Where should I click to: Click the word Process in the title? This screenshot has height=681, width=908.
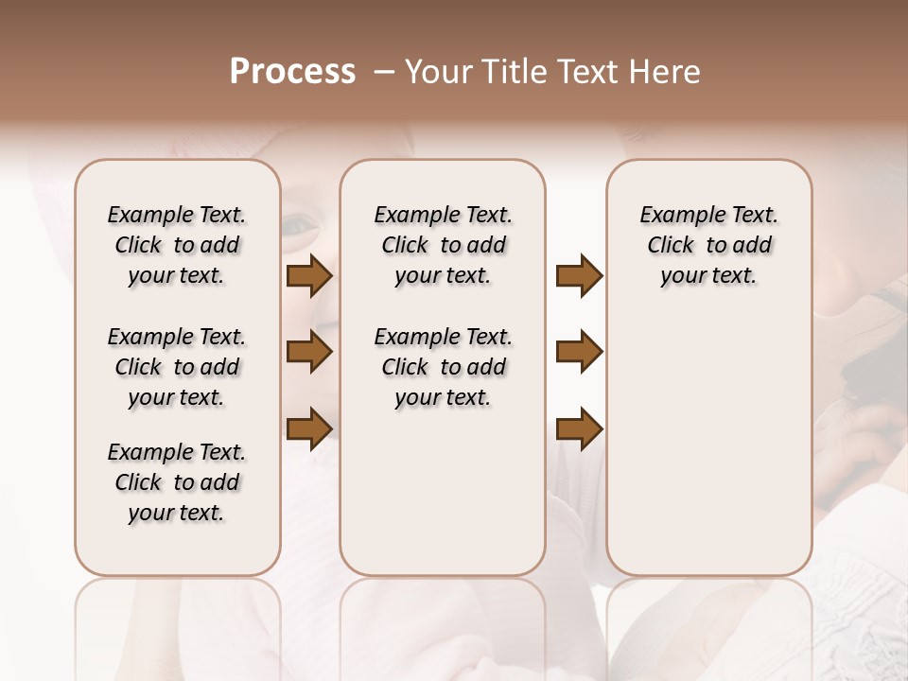[x=292, y=72]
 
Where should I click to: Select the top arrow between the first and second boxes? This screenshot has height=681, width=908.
[x=309, y=276]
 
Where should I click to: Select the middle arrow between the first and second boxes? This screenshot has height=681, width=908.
[x=309, y=353]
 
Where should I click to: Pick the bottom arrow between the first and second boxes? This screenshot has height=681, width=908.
[x=309, y=428]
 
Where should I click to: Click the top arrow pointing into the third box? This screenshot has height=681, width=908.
[x=579, y=276]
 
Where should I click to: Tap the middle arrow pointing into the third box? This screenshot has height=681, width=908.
[x=579, y=353]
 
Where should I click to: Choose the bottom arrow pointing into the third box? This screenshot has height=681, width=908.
[x=579, y=428]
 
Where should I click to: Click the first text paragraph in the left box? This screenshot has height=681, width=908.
[x=177, y=245]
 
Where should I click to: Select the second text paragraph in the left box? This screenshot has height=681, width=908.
[x=177, y=367]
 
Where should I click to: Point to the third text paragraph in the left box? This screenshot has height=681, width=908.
[x=177, y=482]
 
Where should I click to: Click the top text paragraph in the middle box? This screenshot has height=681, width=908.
[x=443, y=245]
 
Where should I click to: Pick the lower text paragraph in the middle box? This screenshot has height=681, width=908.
[x=443, y=367]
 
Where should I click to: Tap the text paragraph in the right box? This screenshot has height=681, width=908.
[x=708, y=245]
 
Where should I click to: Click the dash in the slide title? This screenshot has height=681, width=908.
[x=383, y=72]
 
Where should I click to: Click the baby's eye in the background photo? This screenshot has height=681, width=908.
[x=301, y=224]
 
